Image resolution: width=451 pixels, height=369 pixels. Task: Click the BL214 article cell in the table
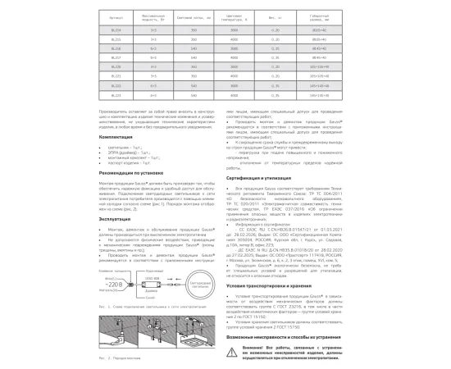click(114, 29)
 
